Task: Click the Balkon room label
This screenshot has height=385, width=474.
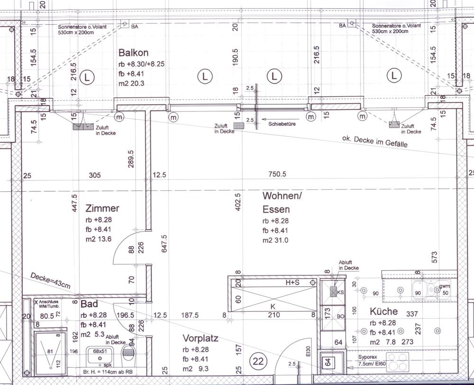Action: point(130,53)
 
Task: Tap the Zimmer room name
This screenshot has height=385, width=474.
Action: point(102,208)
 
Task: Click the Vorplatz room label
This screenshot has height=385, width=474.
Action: point(201,338)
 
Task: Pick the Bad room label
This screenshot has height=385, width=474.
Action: point(89,303)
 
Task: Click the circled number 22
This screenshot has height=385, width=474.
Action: point(258,361)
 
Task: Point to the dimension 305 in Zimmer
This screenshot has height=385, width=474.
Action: point(95,175)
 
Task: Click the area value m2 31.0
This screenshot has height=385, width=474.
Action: point(275,241)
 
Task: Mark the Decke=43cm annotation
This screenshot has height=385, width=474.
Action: point(50,281)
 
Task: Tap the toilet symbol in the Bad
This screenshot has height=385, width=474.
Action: point(128,353)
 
